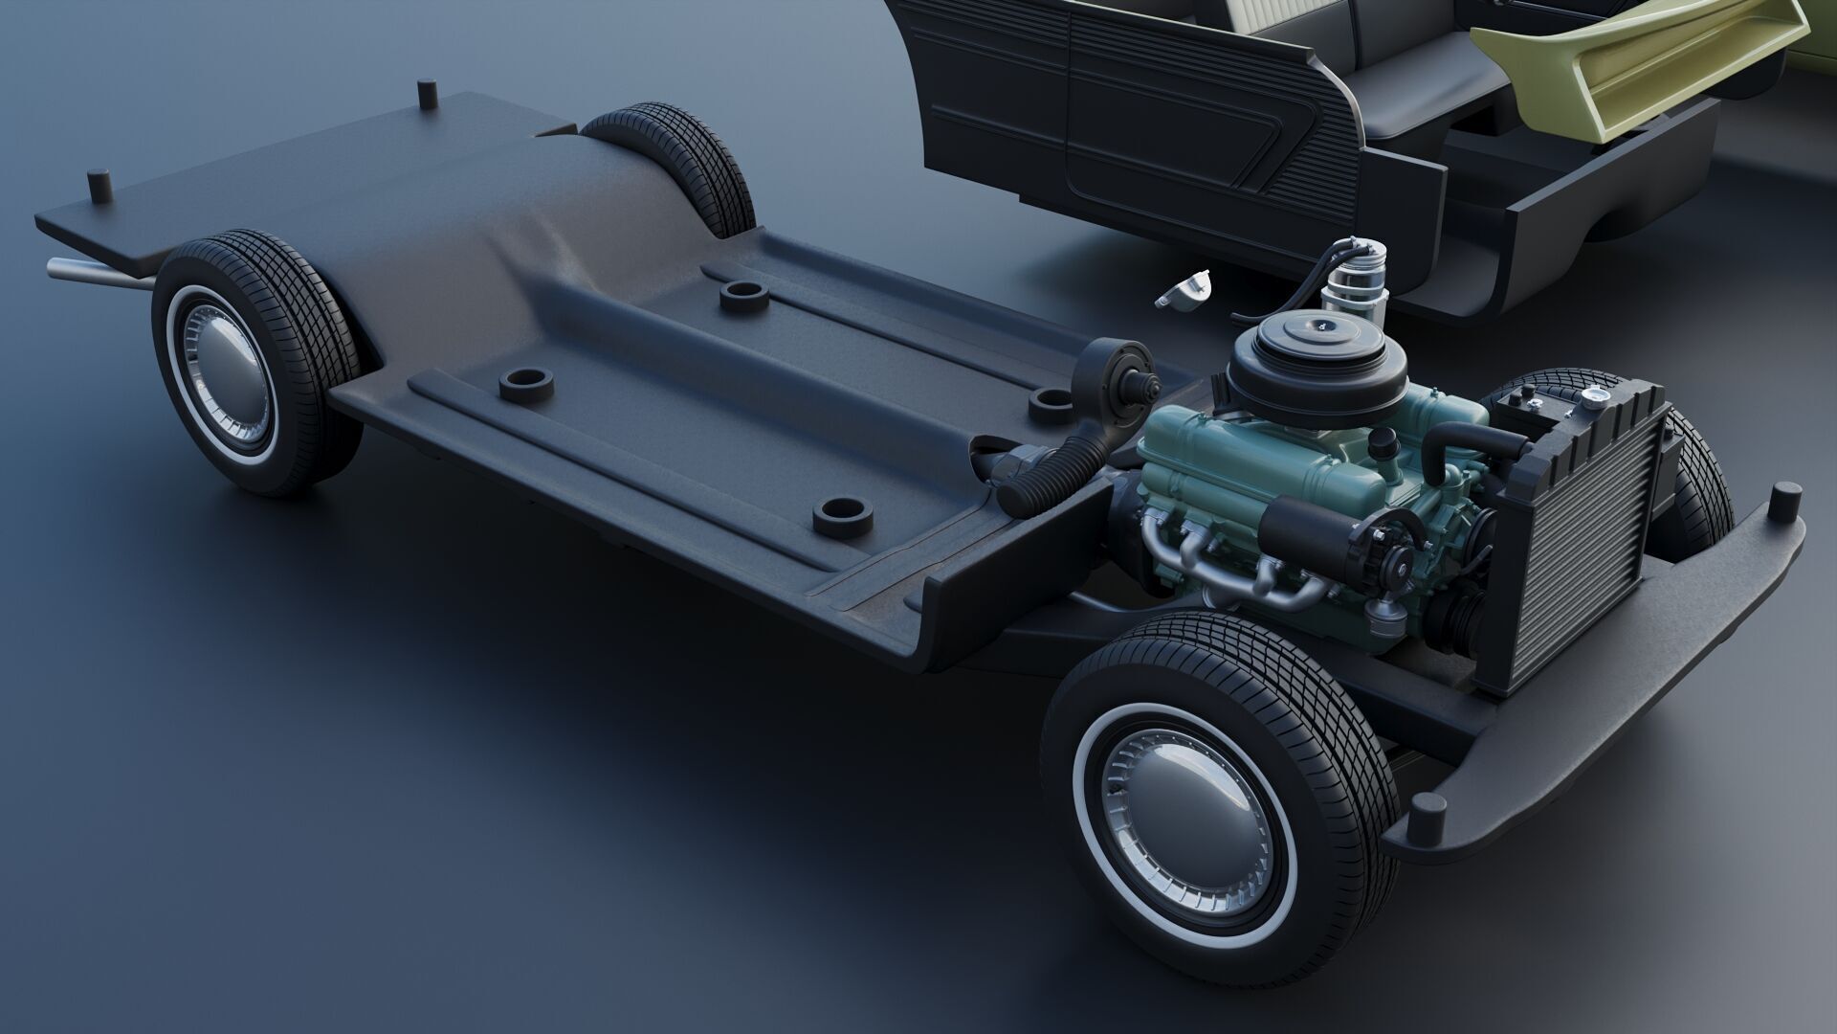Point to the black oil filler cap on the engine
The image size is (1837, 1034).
click(x=1383, y=443)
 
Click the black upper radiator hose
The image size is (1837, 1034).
click(x=1473, y=441)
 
